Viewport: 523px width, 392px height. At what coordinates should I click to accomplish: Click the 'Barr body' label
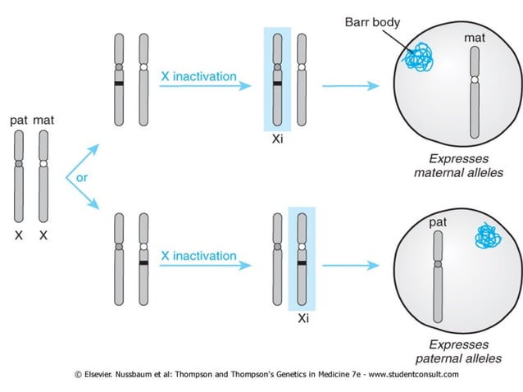click(373, 22)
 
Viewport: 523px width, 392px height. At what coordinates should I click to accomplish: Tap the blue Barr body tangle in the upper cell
click(420, 57)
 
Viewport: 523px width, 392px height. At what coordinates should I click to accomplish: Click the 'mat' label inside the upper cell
click(473, 38)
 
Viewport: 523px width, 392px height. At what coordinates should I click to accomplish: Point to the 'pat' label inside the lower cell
click(437, 221)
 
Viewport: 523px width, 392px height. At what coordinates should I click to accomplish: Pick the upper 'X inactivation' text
click(198, 76)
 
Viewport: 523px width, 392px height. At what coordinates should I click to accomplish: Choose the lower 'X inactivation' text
click(198, 256)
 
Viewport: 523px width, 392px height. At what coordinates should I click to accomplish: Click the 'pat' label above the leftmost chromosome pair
click(19, 121)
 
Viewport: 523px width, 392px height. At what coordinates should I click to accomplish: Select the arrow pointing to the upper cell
click(351, 85)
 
